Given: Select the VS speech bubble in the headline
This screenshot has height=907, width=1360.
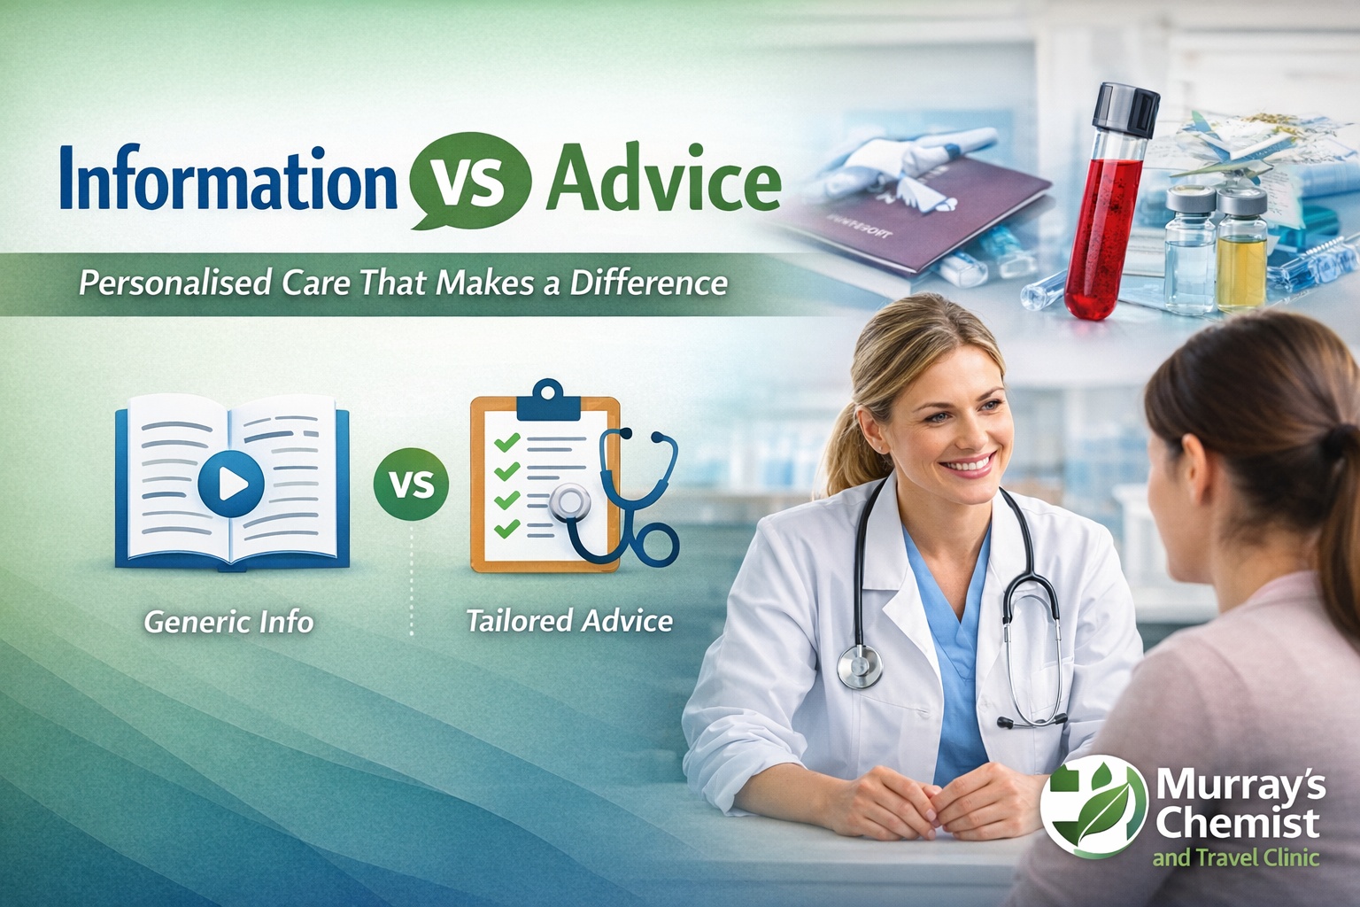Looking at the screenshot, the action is [x=470, y=180].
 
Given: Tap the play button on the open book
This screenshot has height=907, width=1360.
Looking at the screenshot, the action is [x=231, y=485].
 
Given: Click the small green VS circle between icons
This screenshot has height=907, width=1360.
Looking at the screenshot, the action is [x=411, y=485].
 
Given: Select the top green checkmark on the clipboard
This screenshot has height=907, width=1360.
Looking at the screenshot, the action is [x=507, y=441].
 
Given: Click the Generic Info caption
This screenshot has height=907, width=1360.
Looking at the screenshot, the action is [x=229, y=622].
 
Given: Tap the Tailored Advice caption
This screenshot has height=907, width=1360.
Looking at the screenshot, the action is [x=569, y=621].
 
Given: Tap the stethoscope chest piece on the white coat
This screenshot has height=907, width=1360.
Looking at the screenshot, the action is [x=859, y=667].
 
